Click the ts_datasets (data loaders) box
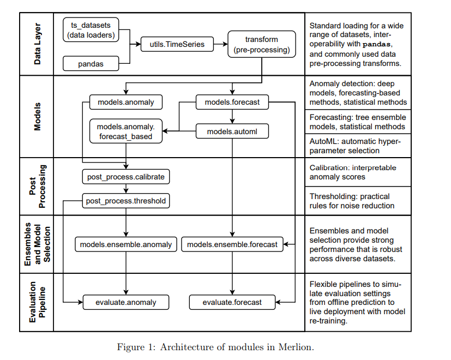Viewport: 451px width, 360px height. coord(91,30)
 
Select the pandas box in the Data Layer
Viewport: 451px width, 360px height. coord(91,64)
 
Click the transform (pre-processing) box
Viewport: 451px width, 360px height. coord(261,45)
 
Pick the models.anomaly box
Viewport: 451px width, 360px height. coord(125,102)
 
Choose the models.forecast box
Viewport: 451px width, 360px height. coord(232,102)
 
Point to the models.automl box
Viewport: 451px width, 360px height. coord(232,131)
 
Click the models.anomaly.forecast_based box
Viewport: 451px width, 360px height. coord(125,131)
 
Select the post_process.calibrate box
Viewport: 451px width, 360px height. coord(125,177)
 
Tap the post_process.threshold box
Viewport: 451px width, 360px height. coord(125,201)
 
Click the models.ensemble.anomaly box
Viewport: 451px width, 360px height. coord(126,244)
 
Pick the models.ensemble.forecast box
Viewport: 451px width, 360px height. coord(232,244)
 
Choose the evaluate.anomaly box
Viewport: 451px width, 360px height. coord(126,302)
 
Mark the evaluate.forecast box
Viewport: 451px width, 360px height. coord(232,302)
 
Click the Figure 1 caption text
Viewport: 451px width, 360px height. coord(215,347)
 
